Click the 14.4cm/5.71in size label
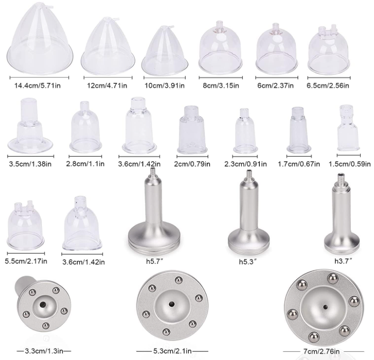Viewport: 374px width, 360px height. point(37,85)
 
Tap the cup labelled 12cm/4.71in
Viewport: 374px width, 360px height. point(108,45)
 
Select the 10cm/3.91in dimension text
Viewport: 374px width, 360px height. point(165,85)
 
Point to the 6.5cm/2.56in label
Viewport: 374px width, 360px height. point(328,85)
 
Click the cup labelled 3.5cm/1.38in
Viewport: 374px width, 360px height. point(30,126)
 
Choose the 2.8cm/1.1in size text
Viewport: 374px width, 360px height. point(85,164)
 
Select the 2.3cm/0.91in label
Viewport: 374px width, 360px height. point(246,164)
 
